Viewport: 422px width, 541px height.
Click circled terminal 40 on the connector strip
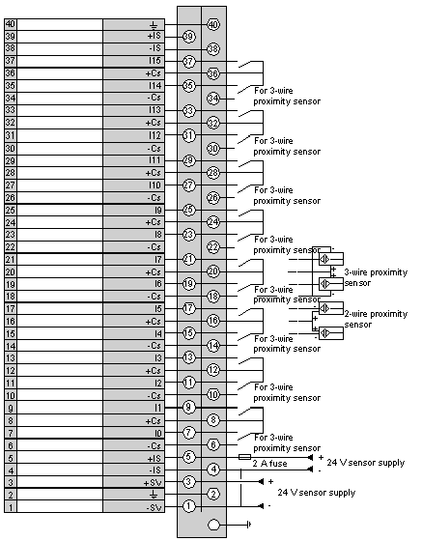pyautogui.click(x=213, y=24)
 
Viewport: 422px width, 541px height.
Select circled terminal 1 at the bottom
pyautogui.click(x=188, y=506)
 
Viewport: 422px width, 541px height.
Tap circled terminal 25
pyautogui.click(x=188, y=210)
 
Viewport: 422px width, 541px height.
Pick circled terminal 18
pyautogui.click(x=213, y=296)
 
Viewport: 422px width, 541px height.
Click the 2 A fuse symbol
pyautogui.click(x=244, y=457)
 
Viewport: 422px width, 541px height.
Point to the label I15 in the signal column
pyautogui.click(x=155, y=61)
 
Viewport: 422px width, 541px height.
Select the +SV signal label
pyautogui.click(x=153, y=483)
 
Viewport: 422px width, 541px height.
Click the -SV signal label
pyautogui.click(x=154, y=507)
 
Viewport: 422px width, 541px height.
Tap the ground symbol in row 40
pyautogui.click(x=154, y=25)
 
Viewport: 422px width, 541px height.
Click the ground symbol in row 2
pyautogui.click(x=154, y=495)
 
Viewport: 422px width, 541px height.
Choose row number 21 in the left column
pyautogui.click(x=11, y=260)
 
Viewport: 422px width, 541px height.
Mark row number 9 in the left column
pyautogui.click(x=11, y=409)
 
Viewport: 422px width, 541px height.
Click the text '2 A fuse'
pyautogui.click(x=269, y=464)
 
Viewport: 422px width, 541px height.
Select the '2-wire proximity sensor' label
pyautogui.click(x=376, y=319)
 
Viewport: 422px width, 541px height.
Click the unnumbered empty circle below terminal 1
pyautogui.click(x=213, y=525)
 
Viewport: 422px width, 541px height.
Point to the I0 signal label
pyautogui.click(x=157, y=433)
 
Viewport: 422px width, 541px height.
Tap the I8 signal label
pyautogui.click(x=157, y=235)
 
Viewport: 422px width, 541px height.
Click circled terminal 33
pyautogui.click(x=188, y=111)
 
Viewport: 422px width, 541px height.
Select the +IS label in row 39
pyautogui.click(x=155, y=36)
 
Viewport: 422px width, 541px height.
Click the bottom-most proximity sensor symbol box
pyautogui.click(x=331, y=333)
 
